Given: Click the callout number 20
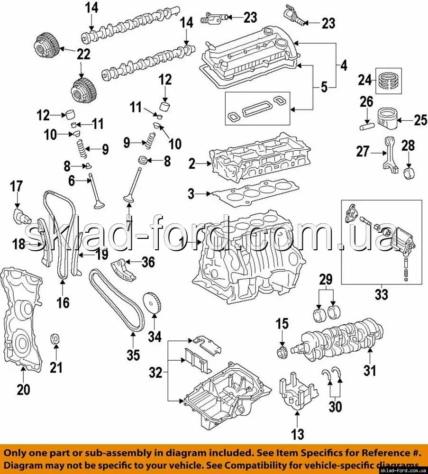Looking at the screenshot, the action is (x=23, y=389).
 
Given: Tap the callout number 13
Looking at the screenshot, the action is (x=298, y=434).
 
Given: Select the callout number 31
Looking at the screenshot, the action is (x=370, y=370).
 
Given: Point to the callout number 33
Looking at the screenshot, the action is (x=382, y=294).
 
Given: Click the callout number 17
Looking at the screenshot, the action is (x=16, y=186).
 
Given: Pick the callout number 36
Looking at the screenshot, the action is (x=148, y=262).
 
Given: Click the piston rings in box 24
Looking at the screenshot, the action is (x=389, y=81).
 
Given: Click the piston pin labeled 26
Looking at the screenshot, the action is (x=367, y=125).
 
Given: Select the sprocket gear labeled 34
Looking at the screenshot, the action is (x=152, y=303).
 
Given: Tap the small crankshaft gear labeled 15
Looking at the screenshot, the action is (x=282, y=353).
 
